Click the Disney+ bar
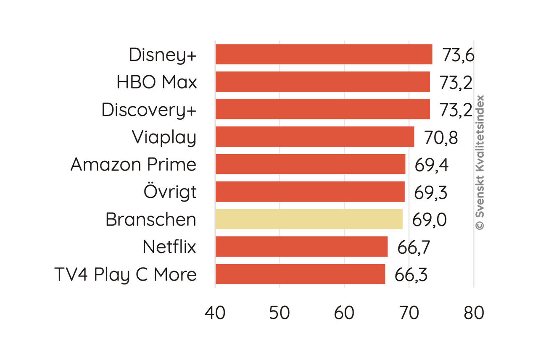[x=324, y=54]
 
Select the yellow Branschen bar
[x=309, y=219]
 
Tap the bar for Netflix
[x=301, y=247]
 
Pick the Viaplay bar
[x=315, y=137]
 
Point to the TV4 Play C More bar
[x=300, y=274]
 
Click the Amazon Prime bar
[x=310, y=164]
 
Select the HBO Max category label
[x=157, y=82]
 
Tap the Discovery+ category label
[x=149, y=110]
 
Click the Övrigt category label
[x=170, y=192]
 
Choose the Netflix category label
[x=169, y=247]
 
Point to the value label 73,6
[x=458, y=55]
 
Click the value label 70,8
[x=440, y=138]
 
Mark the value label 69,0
[x=429, y=220]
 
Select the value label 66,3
[x=411, y=275]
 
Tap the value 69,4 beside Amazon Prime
[x=432, y=165]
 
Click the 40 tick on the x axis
[x=215, y=313]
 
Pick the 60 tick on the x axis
[x=344, y=313]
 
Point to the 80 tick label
[x=474, y=313]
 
